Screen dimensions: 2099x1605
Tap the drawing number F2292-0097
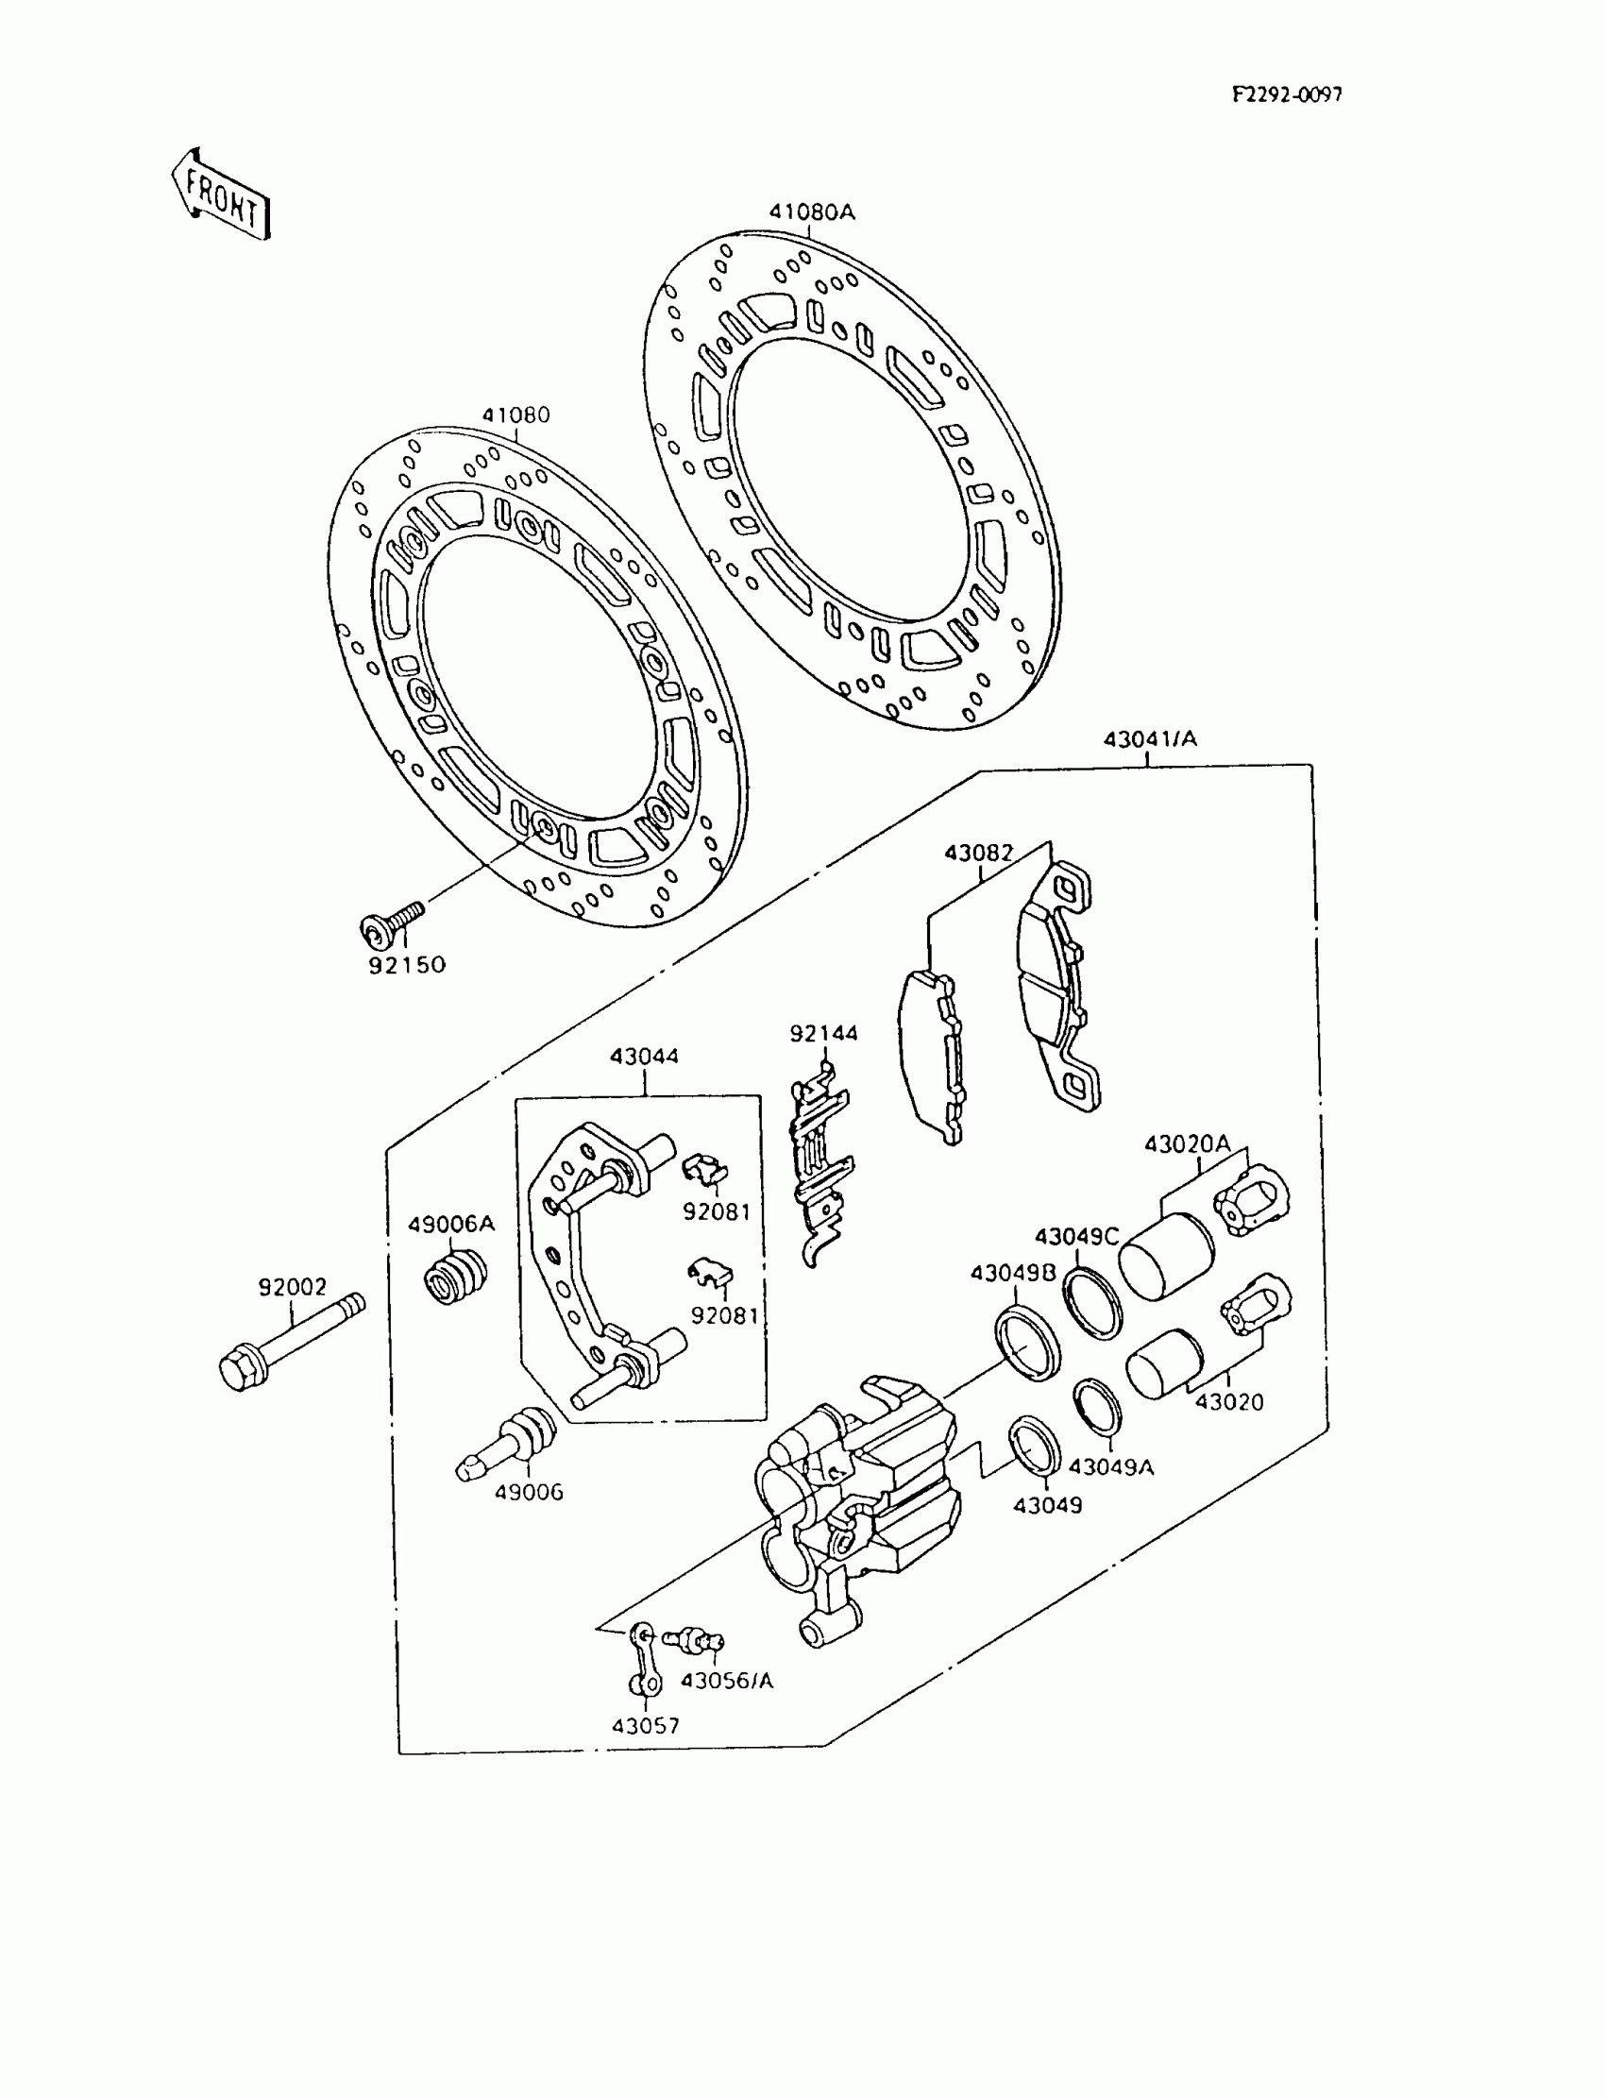(1286, 94)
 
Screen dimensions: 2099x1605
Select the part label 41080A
(812, 212)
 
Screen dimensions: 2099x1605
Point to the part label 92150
(407, 965)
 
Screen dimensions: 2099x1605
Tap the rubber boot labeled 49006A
(456, 1276)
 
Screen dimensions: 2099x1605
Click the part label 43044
(644, 1057)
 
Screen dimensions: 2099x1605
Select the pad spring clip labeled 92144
(819, 1165)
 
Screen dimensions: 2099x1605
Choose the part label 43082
(978, 853)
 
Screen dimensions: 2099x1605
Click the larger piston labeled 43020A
(1166, 1258)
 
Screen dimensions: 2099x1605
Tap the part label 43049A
(1110, 1466)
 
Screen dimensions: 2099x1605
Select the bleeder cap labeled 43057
(645, 1661)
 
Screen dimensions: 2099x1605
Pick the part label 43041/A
(1149, 738)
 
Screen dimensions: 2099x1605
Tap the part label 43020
(1229, 1402)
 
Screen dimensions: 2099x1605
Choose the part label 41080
(515, 415)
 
